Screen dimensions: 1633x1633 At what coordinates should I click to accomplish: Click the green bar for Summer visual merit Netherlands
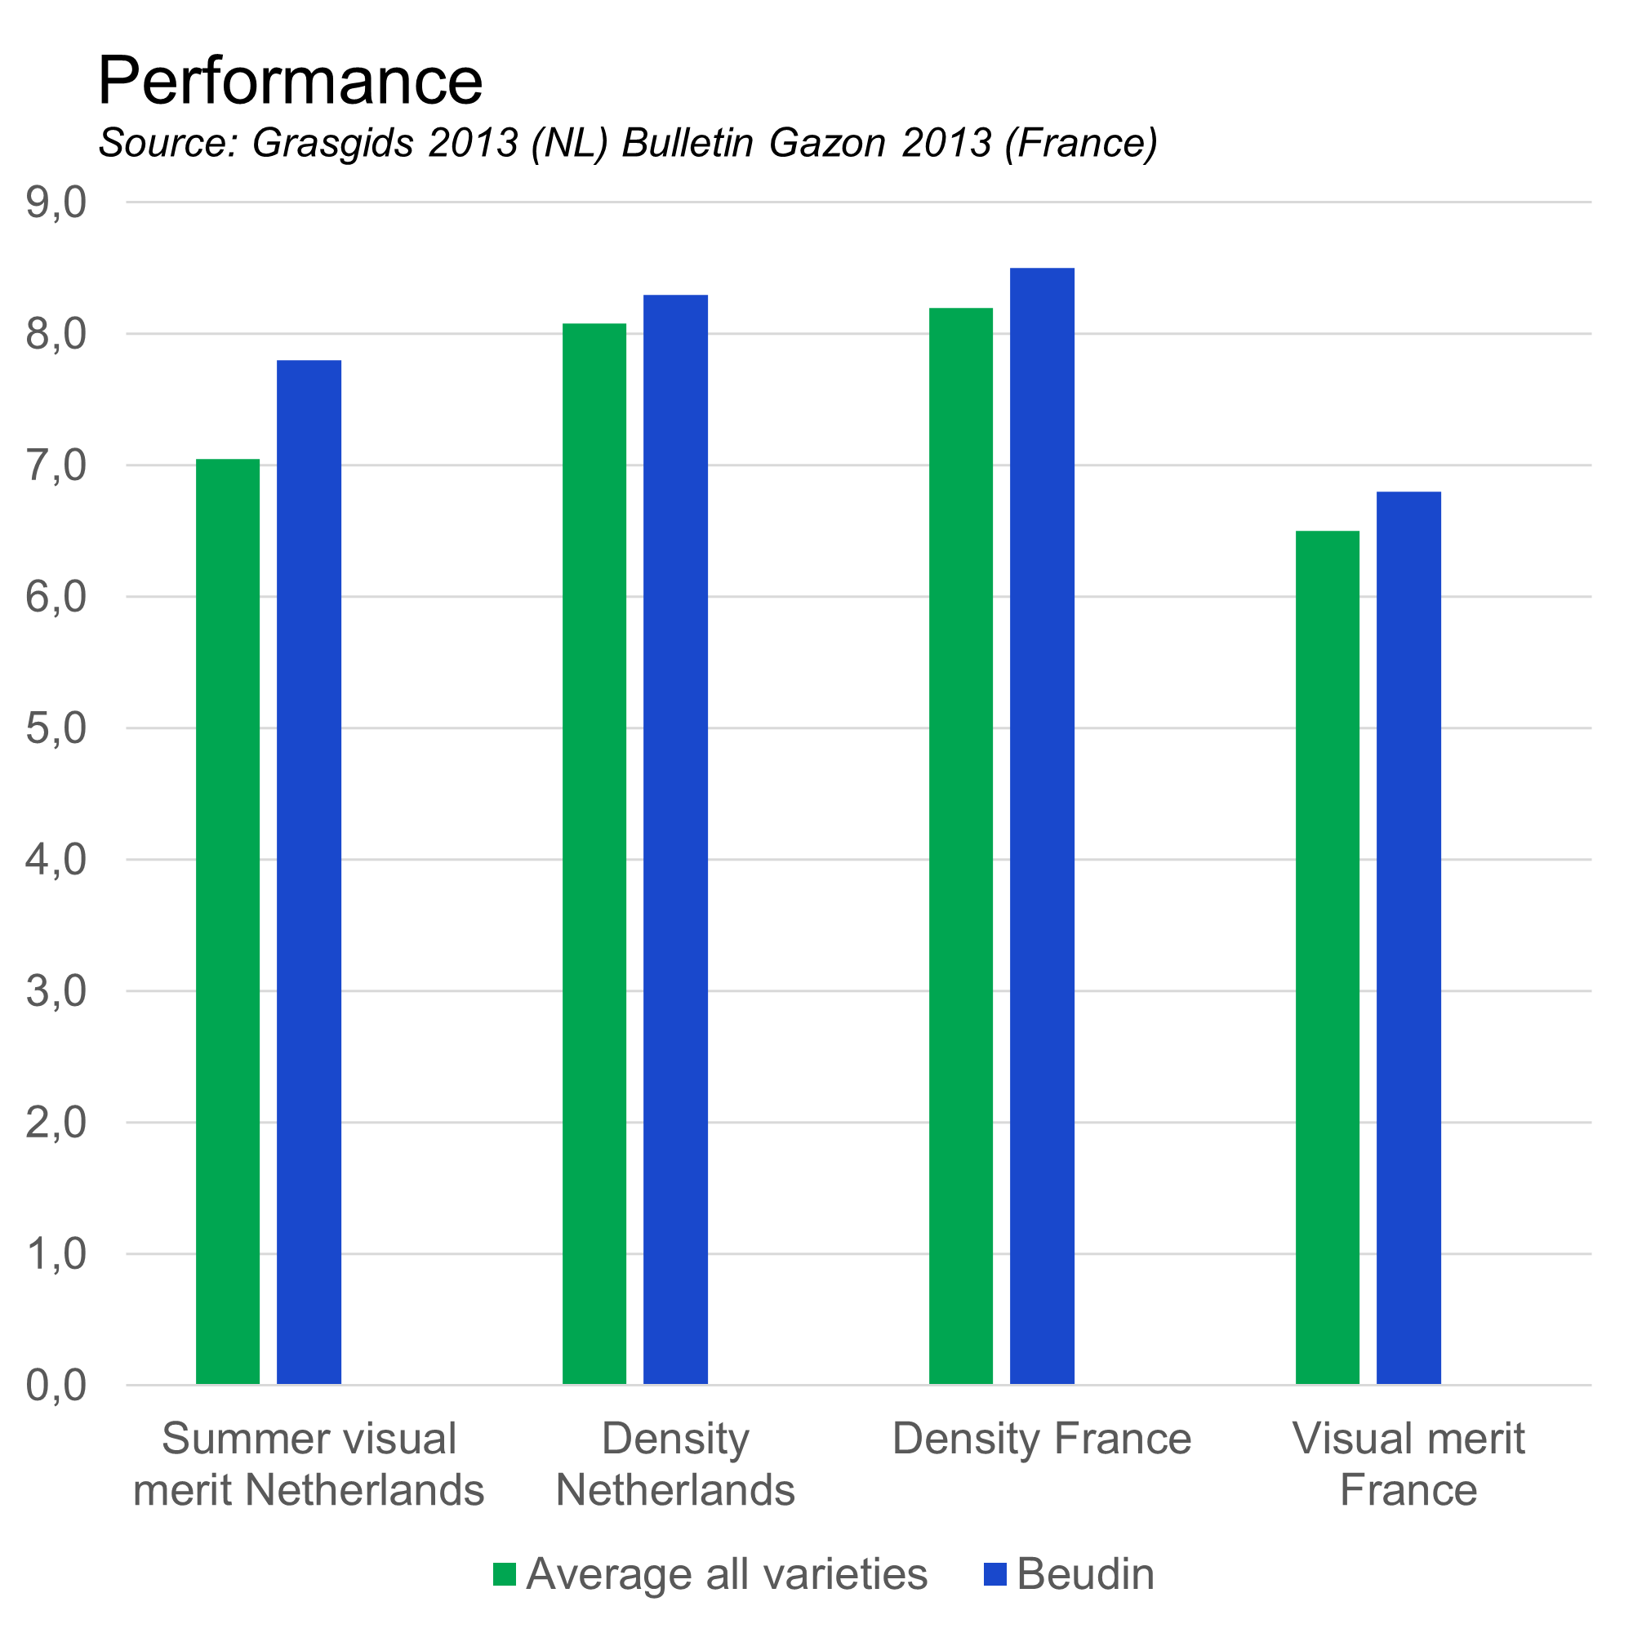229,921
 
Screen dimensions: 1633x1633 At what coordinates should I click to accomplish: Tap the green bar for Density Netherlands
595,854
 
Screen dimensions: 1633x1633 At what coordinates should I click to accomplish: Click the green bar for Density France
961,846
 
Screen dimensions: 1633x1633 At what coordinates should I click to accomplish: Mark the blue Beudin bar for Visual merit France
1409,938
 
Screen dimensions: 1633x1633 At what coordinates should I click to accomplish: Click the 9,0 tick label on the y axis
56,202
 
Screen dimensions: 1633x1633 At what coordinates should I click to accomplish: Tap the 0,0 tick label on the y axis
56,1386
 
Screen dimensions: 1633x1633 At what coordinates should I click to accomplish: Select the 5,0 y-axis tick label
56,728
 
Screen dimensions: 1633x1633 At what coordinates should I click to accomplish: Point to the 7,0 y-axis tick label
56,465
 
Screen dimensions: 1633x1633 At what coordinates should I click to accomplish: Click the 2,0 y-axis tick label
56,1123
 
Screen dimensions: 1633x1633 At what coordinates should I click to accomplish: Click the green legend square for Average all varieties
505,1574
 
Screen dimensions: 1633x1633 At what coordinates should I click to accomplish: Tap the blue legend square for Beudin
995,1574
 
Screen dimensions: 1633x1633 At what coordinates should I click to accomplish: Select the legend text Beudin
1085,1574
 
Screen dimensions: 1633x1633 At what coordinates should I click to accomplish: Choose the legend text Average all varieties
727,1574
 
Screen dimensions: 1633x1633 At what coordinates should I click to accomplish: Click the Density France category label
1042,1439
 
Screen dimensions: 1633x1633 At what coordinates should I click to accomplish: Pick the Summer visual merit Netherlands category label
309,1464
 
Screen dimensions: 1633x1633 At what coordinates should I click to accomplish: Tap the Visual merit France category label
1409,1464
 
